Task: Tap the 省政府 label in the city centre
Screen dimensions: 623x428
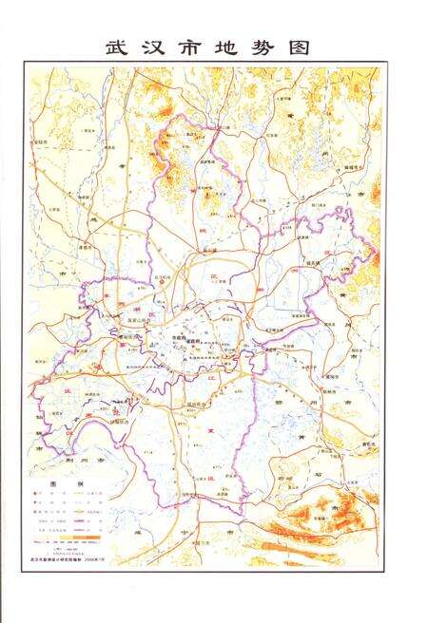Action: pyautogui.click(x=197, y=339)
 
